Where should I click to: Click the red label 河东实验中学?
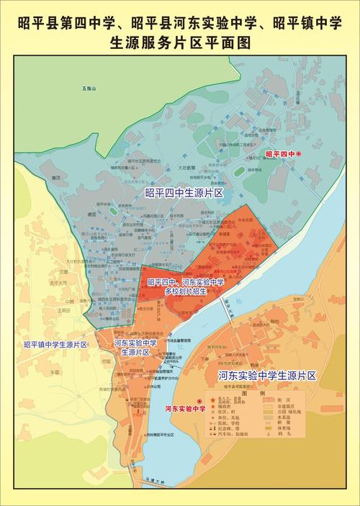click(x=185, y=408)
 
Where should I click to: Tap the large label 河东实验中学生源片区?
click(x=267, y=376)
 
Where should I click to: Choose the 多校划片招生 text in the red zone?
click(x=184, y=292)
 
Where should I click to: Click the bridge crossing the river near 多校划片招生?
click(x=228, y=310)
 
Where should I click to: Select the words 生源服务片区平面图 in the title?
click(x=180, y=42)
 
